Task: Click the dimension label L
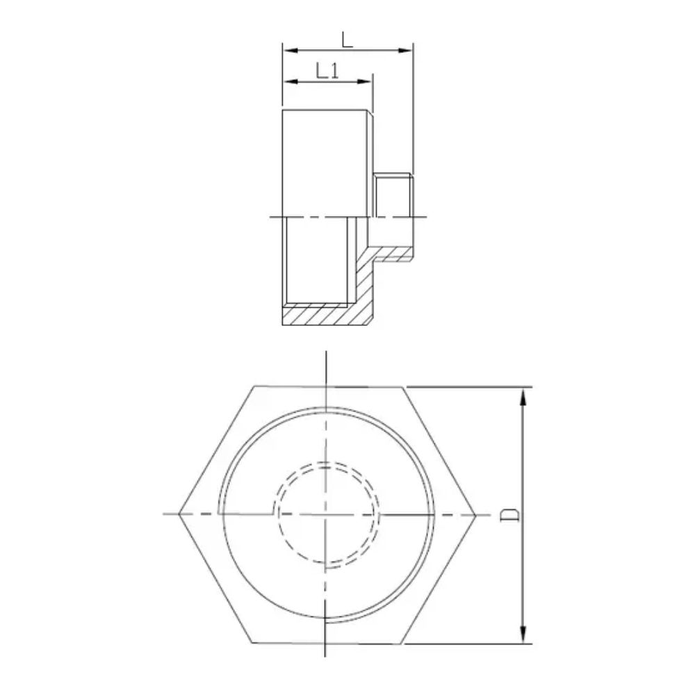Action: click(x=347, y=39)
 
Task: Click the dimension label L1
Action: click(x=327, y=70)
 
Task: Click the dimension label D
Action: click(x=511, y=514)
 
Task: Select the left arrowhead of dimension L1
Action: click(x=288, y=82)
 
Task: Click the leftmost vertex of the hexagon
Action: click(x=179, y=514)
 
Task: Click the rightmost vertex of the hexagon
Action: click(x=475, y=514)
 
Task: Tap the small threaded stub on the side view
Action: click(x=393, y=195)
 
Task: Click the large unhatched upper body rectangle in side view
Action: click(x=325, y=163)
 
